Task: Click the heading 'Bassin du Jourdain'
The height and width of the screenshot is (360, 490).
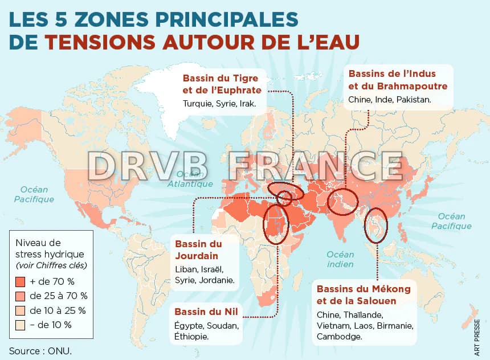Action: [x=198, y=249]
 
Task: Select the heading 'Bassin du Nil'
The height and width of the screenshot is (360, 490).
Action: [x=206, y=312]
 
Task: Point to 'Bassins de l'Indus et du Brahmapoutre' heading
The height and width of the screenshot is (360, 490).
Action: [x=397, y=80]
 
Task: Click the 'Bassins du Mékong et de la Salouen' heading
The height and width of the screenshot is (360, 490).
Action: [x=363, y=294]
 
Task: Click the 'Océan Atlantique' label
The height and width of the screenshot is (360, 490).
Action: [x=190, y=179]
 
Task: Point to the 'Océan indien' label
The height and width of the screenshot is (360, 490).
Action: [x=340, y=259]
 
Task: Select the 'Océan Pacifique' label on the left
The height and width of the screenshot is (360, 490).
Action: [x=34, y=194]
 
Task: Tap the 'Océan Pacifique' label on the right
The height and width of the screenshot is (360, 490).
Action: [x=451, y=221]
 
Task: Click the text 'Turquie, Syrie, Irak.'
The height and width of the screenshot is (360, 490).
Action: [x=219, y=104]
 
